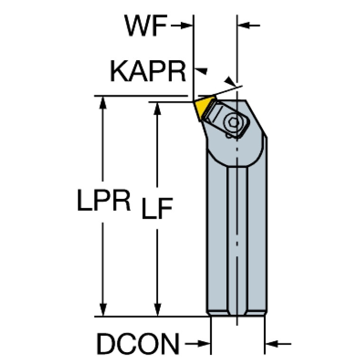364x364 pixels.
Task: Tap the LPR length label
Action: point(104,202)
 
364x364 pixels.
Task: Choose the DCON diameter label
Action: point(138,343)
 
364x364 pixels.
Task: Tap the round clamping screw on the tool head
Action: point(234,122)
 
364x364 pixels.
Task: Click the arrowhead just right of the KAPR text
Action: point(202,71)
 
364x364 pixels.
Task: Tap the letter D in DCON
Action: point(105,343)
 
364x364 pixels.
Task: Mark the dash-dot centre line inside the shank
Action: point(237,237)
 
